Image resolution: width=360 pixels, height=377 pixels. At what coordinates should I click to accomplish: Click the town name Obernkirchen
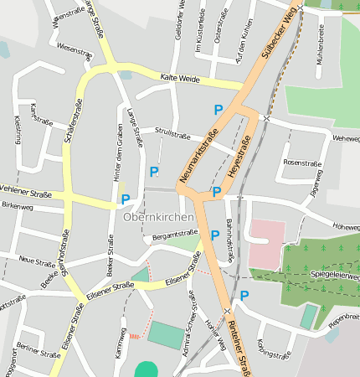tap(158, 217)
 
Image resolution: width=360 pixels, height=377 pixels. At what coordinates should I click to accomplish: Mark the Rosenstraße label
tap(302, 162)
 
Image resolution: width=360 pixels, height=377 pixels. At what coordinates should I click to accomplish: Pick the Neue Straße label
tap(36, 262)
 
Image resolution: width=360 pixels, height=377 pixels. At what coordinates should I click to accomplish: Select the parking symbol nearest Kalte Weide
tap(219, 110)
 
